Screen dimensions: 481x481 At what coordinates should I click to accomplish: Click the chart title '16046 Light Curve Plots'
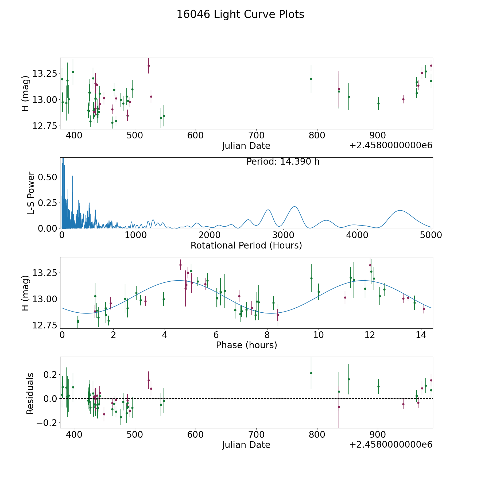pyautogui.click(x=240, y=14)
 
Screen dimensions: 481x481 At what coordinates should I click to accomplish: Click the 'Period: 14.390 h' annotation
pyautogui.click(x=283, y=162)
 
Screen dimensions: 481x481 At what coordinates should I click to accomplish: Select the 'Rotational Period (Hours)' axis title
pyautogui.click(x=246, y=245)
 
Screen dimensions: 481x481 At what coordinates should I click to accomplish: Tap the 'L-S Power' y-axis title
pyautogui.click(x=31, y=193)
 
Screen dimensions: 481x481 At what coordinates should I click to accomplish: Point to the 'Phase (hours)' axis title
pyautogui.click(x=246, y=345)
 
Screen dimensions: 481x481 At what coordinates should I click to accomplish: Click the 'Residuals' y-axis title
pyautogui.click(x=30, y=393)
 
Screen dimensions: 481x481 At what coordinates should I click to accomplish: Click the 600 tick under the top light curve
pyautogui.click(x=195, y=135)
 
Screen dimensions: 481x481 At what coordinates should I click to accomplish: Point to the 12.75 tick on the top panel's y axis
pyautogui.click(x=45, y=126)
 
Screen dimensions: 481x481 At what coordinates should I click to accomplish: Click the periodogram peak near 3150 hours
pyautogui.click(x=294, y=207)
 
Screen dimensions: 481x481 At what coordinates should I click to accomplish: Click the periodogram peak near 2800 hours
pyautogui.click(x=268, y=210)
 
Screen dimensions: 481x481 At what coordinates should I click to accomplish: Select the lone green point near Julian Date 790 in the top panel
pyautogui.click(x=311, y=79)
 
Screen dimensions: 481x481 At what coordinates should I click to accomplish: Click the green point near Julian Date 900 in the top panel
pyautogui.click(x=378, y=103)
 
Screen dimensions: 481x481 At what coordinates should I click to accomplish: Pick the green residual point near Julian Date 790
pyautogui.click(x=311, y=373)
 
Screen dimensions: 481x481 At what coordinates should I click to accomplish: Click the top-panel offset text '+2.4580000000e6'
pyautogui.click(x=391, y=145)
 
